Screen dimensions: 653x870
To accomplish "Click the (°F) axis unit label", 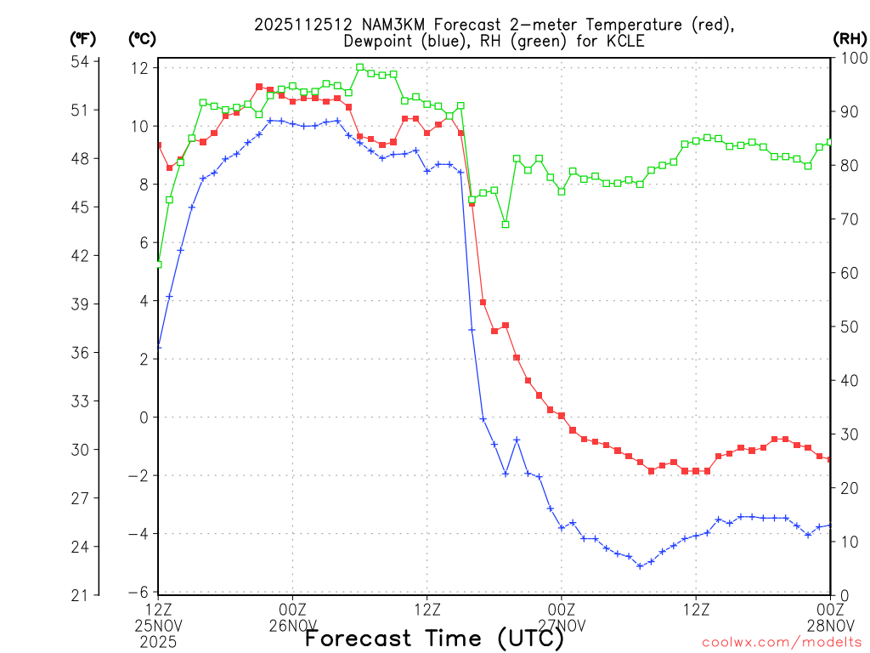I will click(x=82, y=38).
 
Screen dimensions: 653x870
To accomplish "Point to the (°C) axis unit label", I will click(x=142, y=38).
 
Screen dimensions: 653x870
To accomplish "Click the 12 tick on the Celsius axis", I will click(x=140, y=68).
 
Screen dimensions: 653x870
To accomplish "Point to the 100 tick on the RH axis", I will click(x=850, y=58).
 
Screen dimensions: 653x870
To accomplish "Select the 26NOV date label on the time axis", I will click(x=293, y=627).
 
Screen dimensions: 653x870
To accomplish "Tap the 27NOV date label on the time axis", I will click(x=562, y=627).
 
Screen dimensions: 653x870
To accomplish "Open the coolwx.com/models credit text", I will click(x=782, y=642).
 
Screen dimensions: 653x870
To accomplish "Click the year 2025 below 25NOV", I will click(x=159, y=642).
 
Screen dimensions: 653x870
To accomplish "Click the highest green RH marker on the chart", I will click(x=359, y=67).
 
